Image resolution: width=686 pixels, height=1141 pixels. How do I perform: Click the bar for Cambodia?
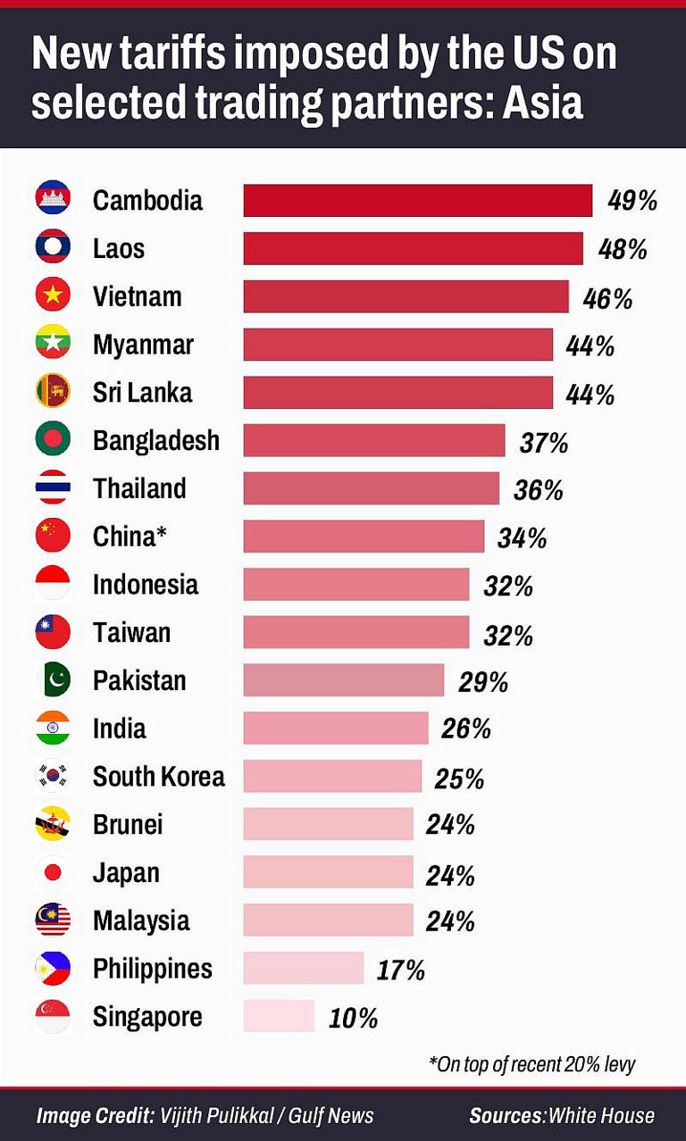point(417,200)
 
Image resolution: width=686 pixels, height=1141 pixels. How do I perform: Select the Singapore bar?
point(279,1016)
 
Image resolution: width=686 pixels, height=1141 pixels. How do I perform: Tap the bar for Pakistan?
point(344,680)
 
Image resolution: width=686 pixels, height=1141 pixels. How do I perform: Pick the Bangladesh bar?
point(374,440)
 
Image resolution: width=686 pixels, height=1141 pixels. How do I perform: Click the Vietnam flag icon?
point(53,296)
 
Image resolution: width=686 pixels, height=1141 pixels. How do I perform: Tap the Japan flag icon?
point(53,872)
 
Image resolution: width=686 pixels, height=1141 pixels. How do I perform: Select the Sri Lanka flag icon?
point(53,392)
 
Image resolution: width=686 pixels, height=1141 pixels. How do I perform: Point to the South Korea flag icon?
point(53,776)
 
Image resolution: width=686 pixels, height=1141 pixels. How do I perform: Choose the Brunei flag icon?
point(53,824)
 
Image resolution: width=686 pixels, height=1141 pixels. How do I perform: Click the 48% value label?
point(623,249)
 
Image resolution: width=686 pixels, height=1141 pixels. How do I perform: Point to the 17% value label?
point(400,970)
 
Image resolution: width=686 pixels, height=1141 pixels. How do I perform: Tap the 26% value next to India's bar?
point(466,729)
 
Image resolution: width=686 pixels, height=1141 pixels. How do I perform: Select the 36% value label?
point(539,490)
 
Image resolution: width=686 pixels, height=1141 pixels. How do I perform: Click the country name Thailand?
point(139,488)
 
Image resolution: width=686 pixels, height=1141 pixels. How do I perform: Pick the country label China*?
point(130,537)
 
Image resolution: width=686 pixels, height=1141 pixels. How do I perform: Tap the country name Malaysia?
point(141,920)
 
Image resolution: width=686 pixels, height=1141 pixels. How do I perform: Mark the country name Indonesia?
point(146,585)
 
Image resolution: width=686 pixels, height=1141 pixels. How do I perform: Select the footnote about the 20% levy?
point(532,1064)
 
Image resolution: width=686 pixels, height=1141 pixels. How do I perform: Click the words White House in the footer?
point(601,1116)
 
